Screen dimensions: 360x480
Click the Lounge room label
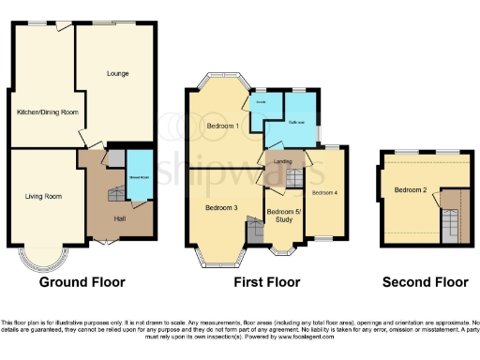coord(117,73)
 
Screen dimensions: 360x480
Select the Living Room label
coord(43,196)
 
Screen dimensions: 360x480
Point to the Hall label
coord(120,218)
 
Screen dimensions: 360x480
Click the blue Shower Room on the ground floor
coord(140,177)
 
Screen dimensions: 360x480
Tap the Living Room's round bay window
coord(46,257)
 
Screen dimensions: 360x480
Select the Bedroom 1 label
coord(222,126)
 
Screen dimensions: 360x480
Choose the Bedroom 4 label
coord(324,192)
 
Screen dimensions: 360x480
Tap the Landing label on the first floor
coord(282,161)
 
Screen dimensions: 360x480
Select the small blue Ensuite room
coord(262,103)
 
